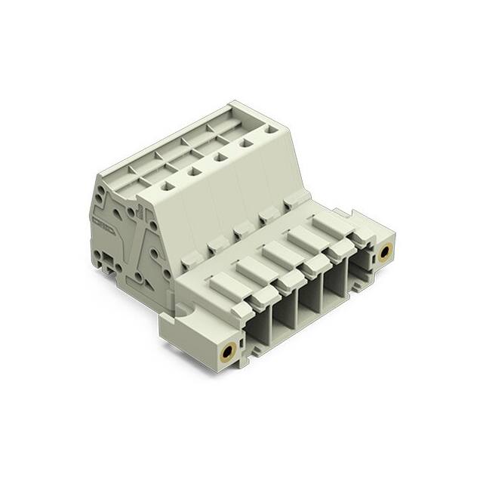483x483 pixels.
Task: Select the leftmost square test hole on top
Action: click(168, 186)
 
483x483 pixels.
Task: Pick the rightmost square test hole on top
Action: click(269, 130)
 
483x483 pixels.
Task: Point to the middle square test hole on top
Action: click(220, 158)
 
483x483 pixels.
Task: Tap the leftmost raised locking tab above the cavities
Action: click(223, 283)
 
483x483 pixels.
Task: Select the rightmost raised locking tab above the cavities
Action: click(331, 222)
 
